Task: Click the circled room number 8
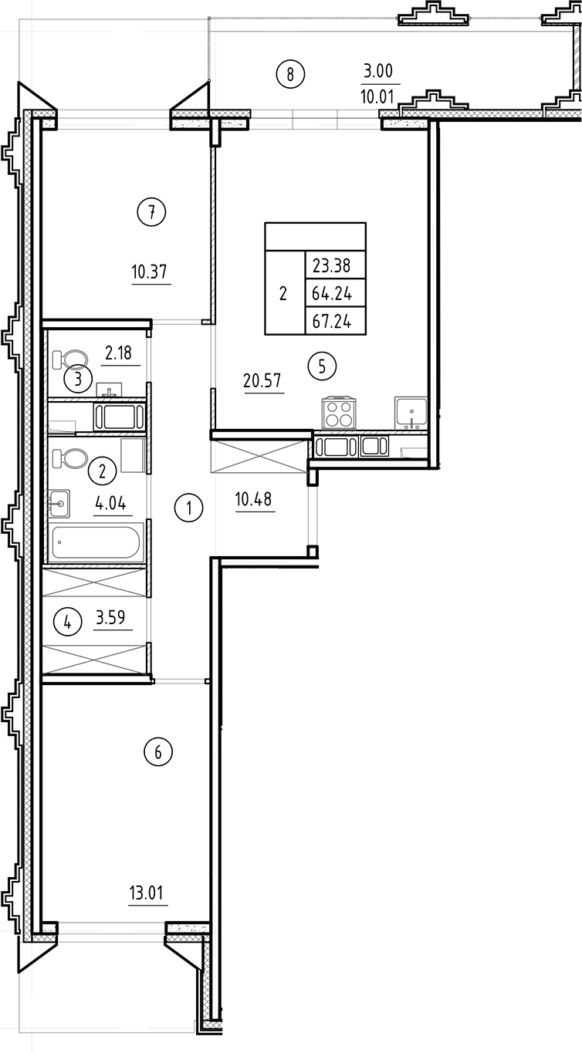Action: [290, 75]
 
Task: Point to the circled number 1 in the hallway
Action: [188, 508]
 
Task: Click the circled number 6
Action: [158, 752]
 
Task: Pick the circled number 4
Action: [69, 622]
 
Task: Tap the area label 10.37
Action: [150, 272]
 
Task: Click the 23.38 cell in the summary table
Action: [332, 266]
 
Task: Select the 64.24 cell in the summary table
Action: [332, 294]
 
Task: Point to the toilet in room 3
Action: [71, 359]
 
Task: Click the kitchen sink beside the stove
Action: [410, 412]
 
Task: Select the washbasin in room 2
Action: [59, 503]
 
